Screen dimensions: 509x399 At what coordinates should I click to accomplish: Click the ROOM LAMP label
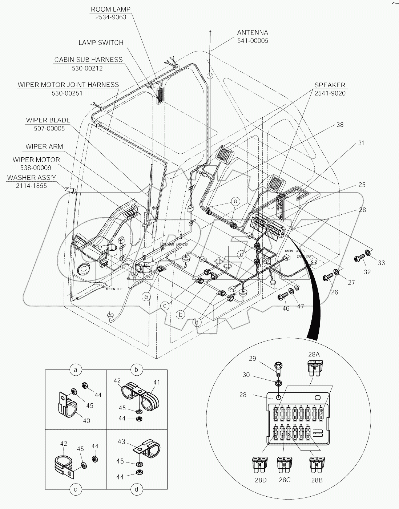coord(110,9)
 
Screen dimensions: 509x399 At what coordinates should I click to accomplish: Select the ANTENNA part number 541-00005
coord(253,41)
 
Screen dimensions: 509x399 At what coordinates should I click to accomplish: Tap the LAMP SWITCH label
coord(101,43)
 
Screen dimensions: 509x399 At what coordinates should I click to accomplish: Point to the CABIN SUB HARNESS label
coord(88,60)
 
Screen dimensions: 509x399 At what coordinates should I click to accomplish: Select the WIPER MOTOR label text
coord(36,159)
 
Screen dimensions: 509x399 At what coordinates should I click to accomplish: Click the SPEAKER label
coord(330,85)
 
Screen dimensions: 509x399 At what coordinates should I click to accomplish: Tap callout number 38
coord(340,125)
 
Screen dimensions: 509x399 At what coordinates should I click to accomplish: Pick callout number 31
coord(361,143)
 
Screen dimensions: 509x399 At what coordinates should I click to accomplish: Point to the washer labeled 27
coord(337,272)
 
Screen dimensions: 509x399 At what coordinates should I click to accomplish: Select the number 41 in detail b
coord(156,382)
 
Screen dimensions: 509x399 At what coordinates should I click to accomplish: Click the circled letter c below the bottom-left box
coord(75,489)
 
